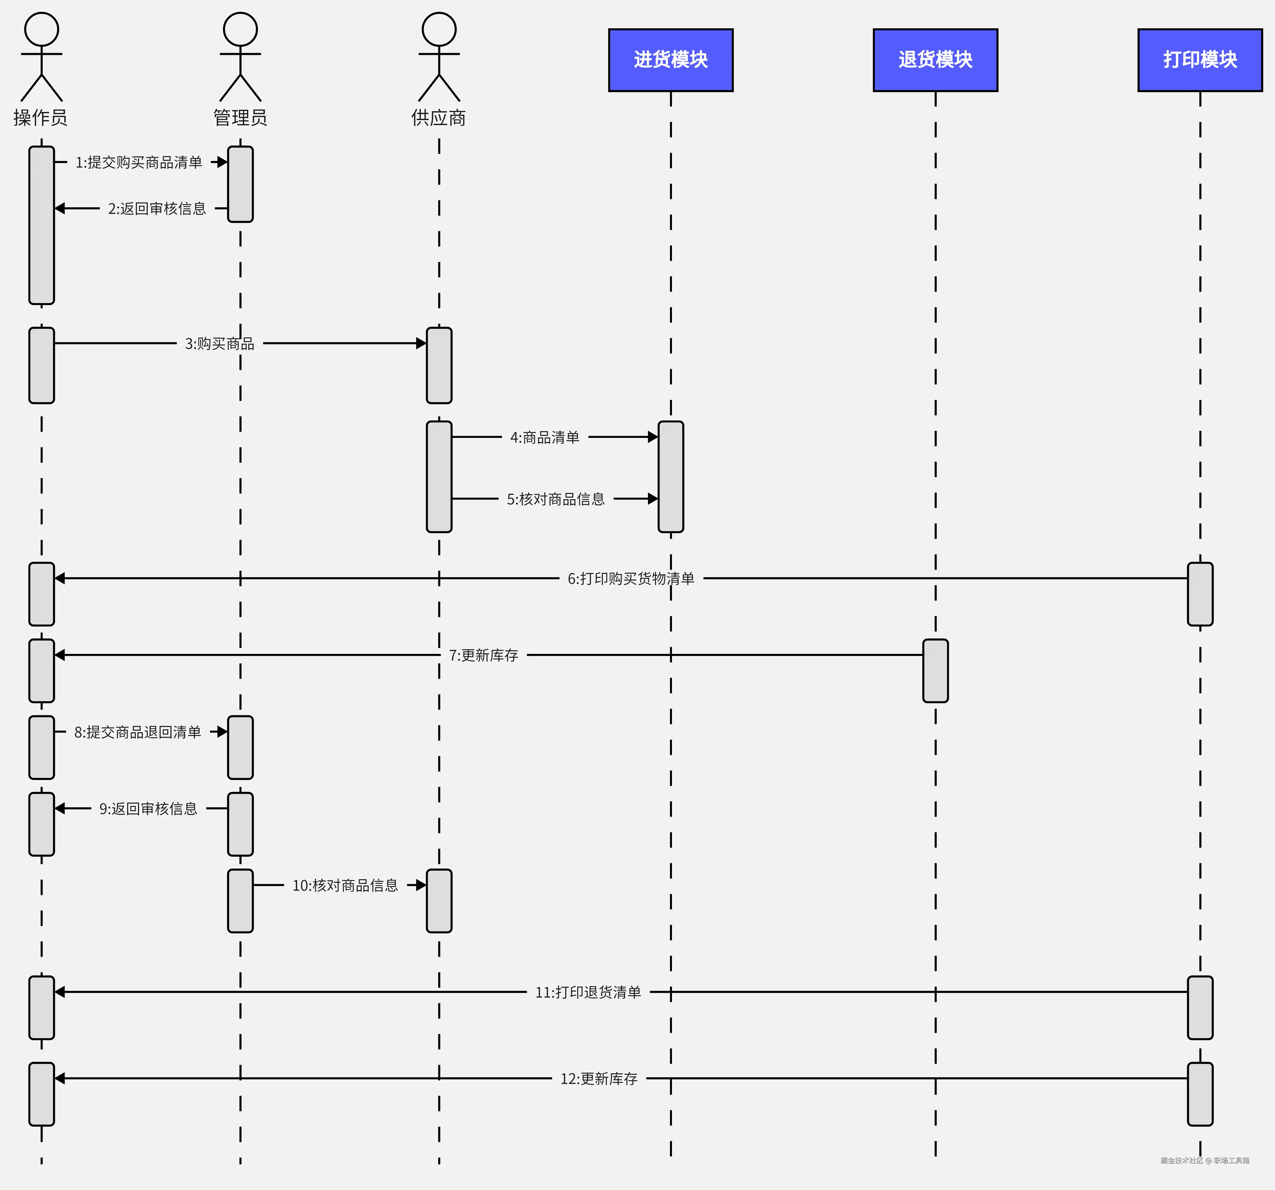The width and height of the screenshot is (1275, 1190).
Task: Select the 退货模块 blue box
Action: pos(935,60)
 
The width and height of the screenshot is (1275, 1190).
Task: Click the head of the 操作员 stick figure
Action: pos(42,29)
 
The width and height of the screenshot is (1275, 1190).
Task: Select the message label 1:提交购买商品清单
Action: pos(138,162)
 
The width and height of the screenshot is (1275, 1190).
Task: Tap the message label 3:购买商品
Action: pos(219,344)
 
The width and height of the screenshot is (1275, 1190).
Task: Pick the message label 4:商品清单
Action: pos(544,437)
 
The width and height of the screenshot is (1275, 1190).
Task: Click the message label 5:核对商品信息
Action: pos(556,499)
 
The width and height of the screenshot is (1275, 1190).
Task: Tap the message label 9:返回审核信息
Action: pos(148,809)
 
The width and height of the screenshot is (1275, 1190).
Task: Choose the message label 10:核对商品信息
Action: pos(345,885)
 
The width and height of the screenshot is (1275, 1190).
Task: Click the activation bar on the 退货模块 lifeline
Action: pos(935,671)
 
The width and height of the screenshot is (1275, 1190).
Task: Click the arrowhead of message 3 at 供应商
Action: pos(421,344)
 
